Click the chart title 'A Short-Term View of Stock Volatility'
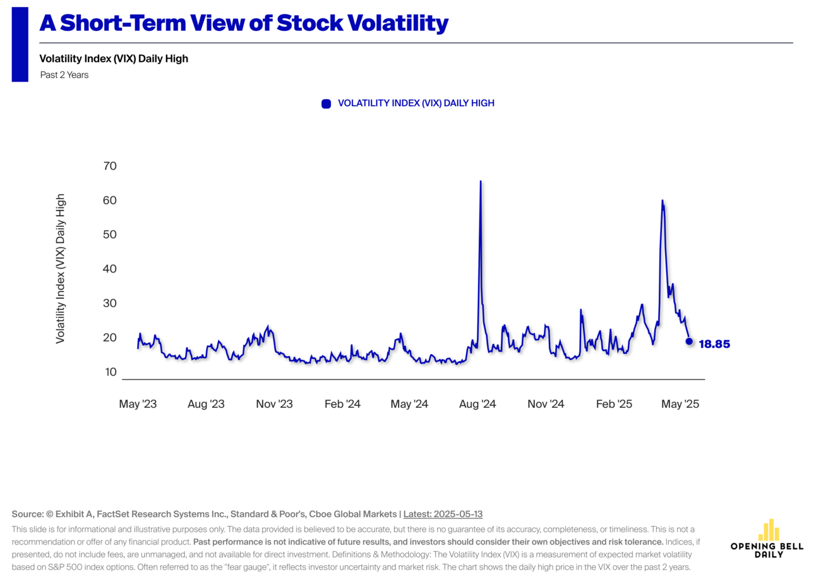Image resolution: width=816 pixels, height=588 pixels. [244, 23]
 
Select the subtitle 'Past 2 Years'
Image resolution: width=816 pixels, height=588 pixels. [64, 75]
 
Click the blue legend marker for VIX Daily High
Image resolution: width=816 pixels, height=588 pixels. [326, 104]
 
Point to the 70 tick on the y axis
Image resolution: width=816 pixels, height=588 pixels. [110, 166]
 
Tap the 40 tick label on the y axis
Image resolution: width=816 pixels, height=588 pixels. [110, 269]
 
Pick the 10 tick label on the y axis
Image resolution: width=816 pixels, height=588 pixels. [111, 372]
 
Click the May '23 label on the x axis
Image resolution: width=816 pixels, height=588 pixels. [138, 404]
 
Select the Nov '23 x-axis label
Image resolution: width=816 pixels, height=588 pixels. [274, 404]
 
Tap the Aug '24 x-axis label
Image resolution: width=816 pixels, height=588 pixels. [477, 404]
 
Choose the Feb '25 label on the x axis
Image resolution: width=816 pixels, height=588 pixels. [614, 404]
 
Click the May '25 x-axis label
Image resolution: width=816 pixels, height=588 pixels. [680, 404]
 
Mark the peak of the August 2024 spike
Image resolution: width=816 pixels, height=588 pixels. [481, 181]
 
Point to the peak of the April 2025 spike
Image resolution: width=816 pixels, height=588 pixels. [662, 200]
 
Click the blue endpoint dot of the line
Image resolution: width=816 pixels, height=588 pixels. [689, 341]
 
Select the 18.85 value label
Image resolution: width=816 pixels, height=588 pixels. [714, 345]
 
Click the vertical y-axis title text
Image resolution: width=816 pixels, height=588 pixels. [61, 269]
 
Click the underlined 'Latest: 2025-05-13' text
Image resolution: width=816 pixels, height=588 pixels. [443, 514]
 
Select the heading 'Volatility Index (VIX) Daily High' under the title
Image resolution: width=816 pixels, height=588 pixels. [114, 59]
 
